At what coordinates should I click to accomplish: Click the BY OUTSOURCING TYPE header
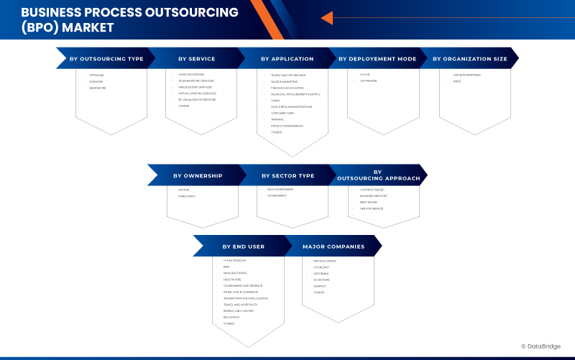tap(106, 59)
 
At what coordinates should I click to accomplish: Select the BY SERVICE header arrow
tap(197, 59)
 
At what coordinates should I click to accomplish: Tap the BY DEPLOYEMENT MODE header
tap(377, 59)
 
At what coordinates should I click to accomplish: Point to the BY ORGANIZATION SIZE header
tap(469, 59)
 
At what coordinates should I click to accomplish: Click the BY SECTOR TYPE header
tap(287, 175)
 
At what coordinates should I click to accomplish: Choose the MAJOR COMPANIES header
tap(333, 246)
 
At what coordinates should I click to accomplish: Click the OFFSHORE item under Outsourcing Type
tap(96, 75)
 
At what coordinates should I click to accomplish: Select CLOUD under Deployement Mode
tap(366, 74)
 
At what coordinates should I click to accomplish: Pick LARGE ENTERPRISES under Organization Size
tap(466, 75)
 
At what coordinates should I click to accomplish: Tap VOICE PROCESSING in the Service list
tap(191, 75)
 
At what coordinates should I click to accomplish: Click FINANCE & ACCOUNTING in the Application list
tap(287, 88)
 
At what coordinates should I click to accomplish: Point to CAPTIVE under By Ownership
tap(184, 190)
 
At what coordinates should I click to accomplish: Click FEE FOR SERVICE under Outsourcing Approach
tap(372, 208)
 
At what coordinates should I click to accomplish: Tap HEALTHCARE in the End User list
tap(231, 280)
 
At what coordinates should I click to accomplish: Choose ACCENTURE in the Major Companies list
tap(321, 280)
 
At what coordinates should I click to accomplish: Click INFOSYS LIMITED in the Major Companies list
tap(325, 260)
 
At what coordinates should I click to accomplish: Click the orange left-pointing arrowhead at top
tap(327, 18)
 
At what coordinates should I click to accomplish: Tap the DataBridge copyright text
tap(544, 346)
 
